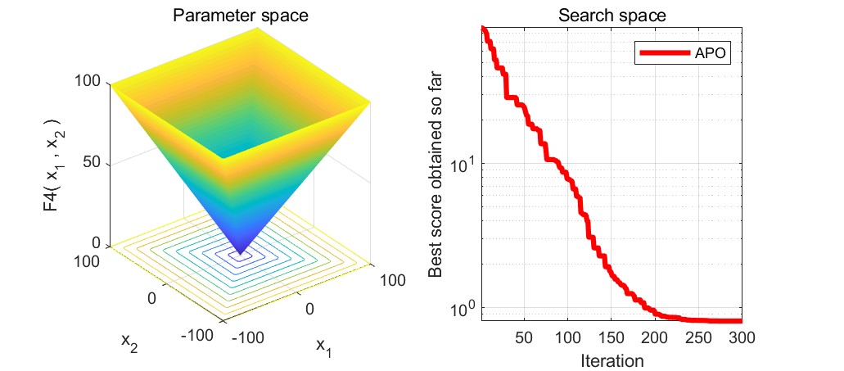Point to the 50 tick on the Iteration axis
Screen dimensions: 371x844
(524, 337)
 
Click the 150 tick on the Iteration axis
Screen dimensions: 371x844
(611, 337)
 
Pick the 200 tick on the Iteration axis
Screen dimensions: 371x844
(654, 337)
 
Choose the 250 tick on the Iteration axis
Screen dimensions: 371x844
(697, 337)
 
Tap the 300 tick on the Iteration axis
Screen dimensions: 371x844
(741, 337)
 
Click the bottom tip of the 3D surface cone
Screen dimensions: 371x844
(241, 254)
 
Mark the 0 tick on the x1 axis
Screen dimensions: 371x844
(310, 308)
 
